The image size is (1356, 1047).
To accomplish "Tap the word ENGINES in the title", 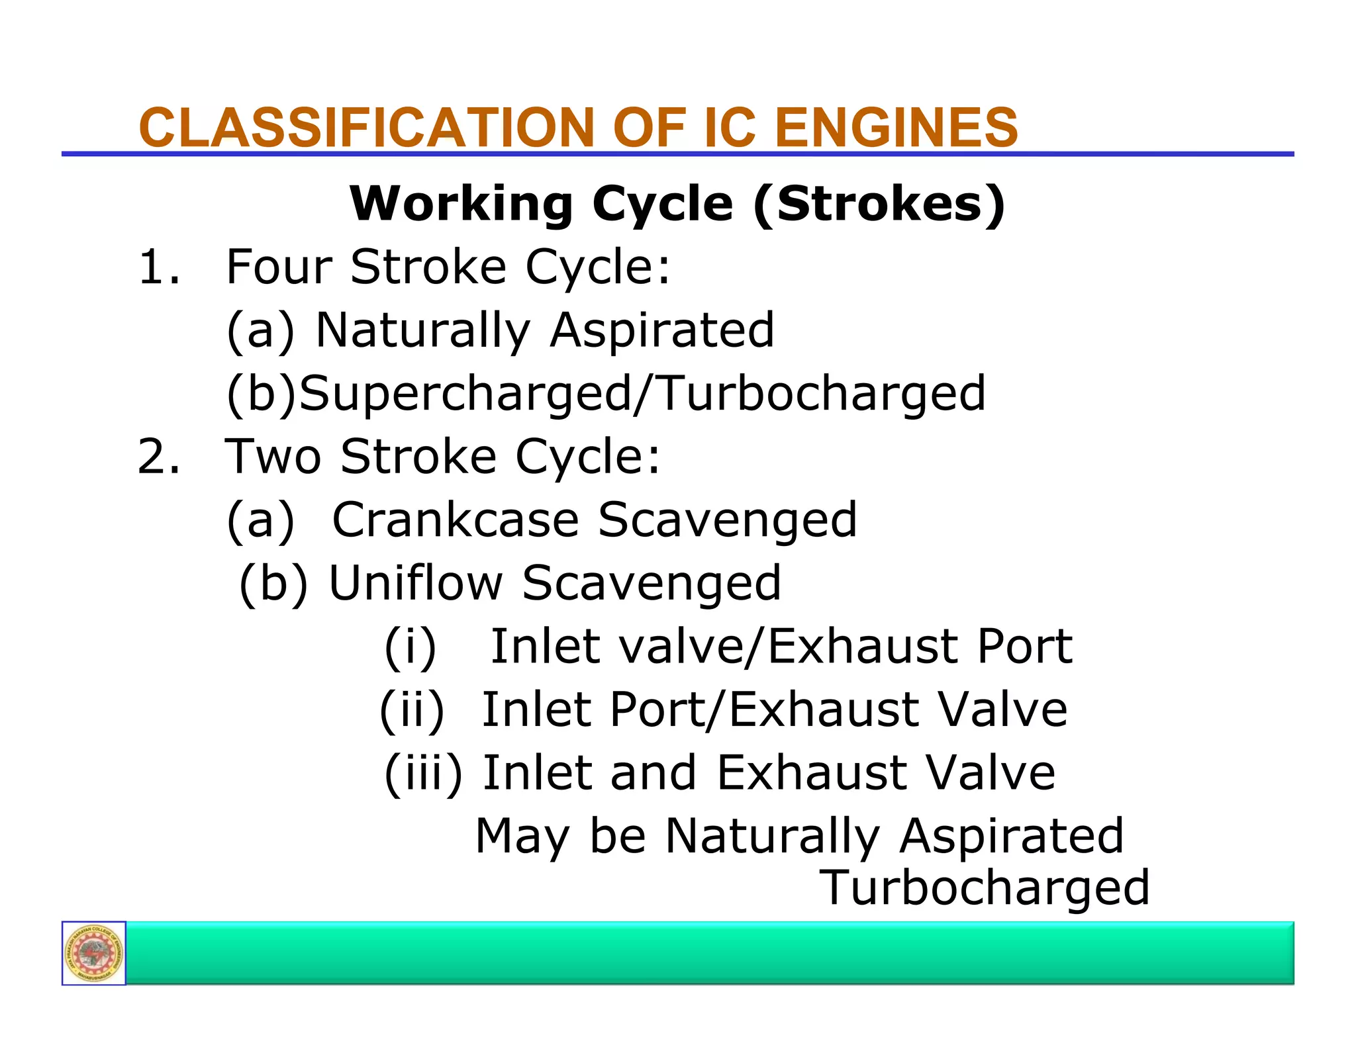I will pos(896,127).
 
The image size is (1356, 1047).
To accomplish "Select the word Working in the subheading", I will pos(461,203).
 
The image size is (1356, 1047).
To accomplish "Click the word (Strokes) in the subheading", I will pos(879,204).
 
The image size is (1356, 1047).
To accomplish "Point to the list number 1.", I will pos(158,267).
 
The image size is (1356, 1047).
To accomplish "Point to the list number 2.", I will pos(158,457).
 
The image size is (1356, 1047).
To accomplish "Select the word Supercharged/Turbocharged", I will pos(642,394).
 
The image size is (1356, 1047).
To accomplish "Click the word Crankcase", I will pos(456,520).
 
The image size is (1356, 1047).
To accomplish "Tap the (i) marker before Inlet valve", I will pos(411,647).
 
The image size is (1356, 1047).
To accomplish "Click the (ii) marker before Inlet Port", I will pos(412,710).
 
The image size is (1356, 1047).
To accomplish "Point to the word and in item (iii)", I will pos(653,773).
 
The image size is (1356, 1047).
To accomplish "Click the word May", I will pos(522,837).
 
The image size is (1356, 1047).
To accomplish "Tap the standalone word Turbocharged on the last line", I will pos(985,888).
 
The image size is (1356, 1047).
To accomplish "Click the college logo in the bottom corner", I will pos(94,953).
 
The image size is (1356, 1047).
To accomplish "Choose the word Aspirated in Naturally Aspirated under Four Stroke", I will pos(662,330).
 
